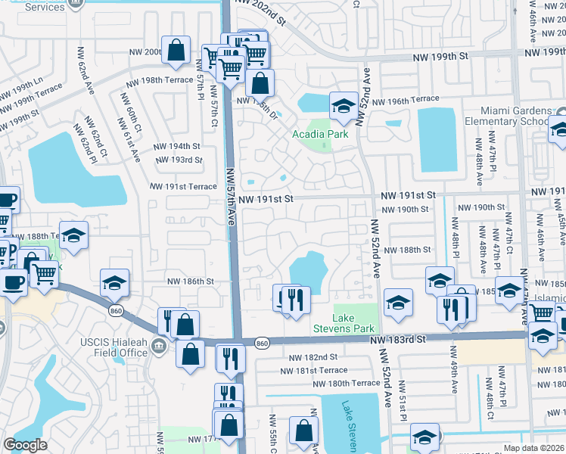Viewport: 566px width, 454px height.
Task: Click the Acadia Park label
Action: [319, 135]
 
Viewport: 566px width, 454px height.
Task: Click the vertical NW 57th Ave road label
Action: [231, 197]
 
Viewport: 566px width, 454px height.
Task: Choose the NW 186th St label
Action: [191, 281]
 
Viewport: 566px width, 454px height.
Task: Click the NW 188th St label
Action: [407, 249]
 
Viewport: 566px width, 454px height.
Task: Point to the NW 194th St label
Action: [177, 146]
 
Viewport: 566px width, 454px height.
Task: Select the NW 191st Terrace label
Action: [183, 186]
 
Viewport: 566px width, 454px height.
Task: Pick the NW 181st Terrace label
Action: [314, 370]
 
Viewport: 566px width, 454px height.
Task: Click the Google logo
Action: [25, 445]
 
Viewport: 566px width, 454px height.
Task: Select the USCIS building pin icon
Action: [159, 347]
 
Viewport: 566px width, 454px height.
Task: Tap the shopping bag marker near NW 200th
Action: [176, 51]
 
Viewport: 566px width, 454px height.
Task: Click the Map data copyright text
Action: [534, 448]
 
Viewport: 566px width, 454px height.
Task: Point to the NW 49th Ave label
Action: [455, 372]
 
